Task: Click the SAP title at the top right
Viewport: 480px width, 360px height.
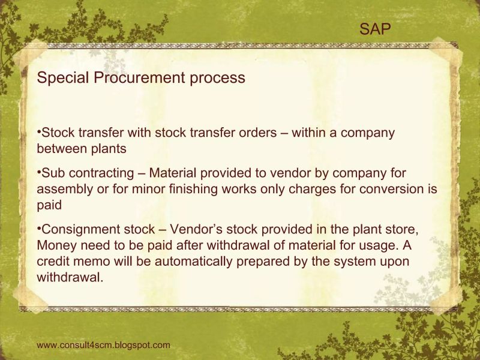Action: tap(376, 28)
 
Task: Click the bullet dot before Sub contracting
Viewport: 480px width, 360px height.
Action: tap(38, 172)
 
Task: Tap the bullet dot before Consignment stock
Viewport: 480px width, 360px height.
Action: tap(38, 228)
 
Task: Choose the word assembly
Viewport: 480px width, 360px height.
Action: tap(64, 189)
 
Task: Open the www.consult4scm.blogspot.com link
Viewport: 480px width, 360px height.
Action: tap(103, 345)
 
